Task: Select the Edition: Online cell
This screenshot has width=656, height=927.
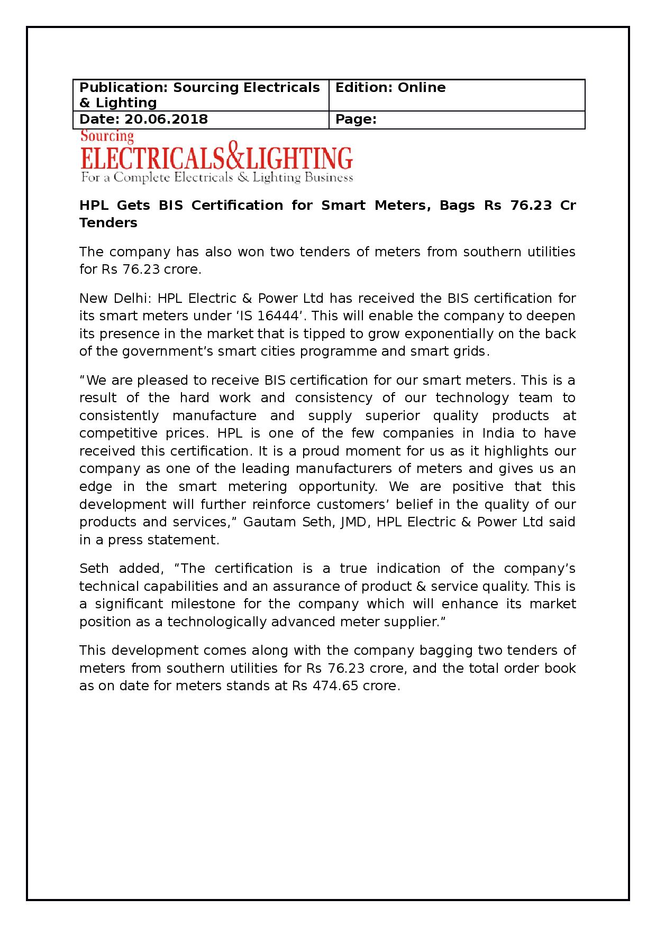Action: pos(390,88)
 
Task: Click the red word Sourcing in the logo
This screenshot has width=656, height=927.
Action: pos(107,137)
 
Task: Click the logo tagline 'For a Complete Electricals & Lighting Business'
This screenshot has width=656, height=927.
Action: pos(216,178)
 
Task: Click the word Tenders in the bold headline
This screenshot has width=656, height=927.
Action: pos(108,223)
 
